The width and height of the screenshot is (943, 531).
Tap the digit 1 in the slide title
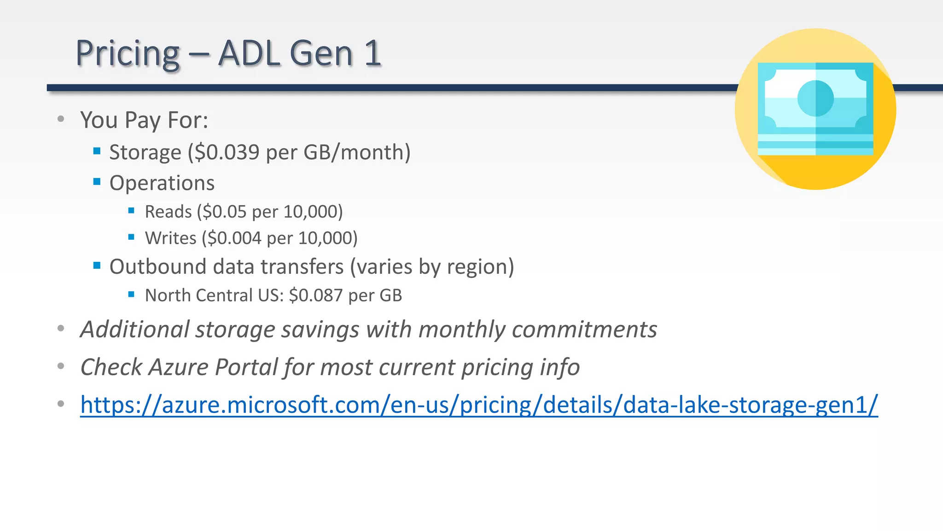(x=372, y=53)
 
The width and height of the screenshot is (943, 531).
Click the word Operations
(x=162, y=183)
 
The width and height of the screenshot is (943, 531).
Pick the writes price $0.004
(x=234, y=238)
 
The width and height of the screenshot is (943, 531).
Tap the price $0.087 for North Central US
(x=316, y=295)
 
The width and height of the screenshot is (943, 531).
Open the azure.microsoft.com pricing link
(x=479, y=405)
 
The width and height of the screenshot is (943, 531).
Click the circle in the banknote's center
(x=815, y=98)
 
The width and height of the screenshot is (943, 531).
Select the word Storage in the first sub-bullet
(x=145, y=153)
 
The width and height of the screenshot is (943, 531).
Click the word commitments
(x=584, y=330)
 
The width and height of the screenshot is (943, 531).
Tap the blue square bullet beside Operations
(x=97, y=182)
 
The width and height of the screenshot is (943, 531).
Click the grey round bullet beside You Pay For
(x=61, y=119)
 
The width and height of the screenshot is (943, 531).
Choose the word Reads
(x=168, y=212)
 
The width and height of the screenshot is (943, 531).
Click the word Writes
(x=170, y=238)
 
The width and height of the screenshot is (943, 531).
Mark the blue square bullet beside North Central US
(x=131, y=294)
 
